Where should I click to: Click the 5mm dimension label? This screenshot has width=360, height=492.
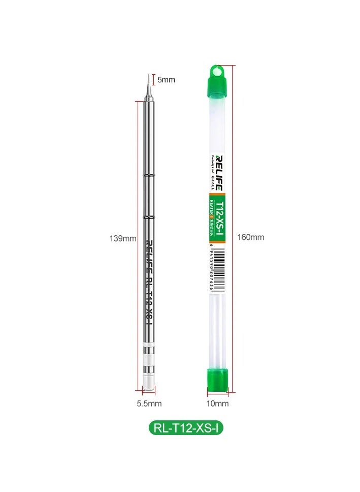[x=166, y=80]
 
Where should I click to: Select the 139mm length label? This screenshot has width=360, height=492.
[x=123, y=238]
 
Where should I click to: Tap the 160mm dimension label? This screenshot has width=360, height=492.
[x=251, y=237]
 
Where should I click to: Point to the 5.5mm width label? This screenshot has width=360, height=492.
[x=149, y=404]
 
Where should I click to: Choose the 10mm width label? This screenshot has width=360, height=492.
[x=218, y=404]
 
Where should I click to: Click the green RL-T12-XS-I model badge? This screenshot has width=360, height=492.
[x=185, y=428]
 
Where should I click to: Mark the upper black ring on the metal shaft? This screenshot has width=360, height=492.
[x=149, y=174]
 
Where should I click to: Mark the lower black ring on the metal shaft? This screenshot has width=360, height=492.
[x=149, y=218]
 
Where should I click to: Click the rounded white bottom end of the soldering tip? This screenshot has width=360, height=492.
[x=148, y=384]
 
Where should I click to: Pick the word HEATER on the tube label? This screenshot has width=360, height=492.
[x=211, y=208]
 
